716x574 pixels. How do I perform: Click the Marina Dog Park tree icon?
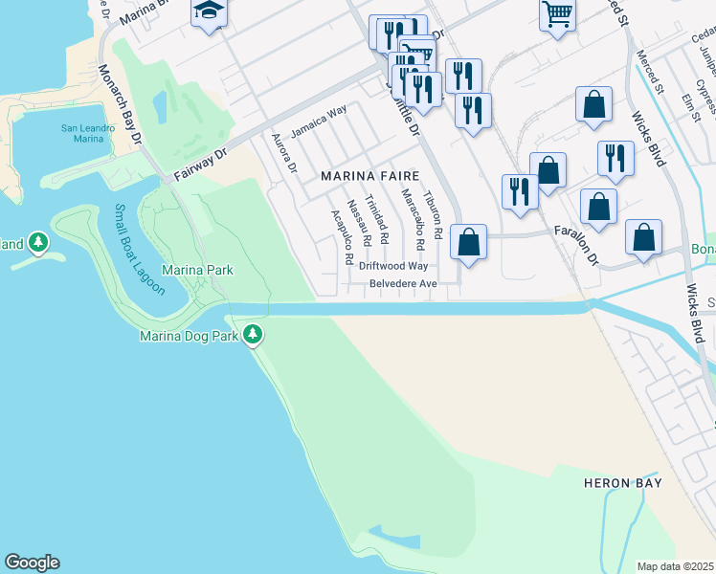point(253,335)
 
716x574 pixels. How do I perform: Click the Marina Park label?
point(197,271)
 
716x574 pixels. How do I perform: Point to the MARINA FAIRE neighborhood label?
point(365,176)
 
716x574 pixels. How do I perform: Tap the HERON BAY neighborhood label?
point(623,483)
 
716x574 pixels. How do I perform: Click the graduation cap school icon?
point(209,12)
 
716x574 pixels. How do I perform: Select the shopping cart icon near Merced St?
point(556,13)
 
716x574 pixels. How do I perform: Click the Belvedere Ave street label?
point(404,284)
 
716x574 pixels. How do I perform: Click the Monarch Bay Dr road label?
point(121,105)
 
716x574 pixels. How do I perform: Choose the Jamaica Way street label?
point(319,123)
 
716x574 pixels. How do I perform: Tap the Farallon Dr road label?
point(577,244)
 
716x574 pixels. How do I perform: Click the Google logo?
point(32,563)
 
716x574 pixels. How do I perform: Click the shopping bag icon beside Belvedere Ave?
point(468,243)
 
